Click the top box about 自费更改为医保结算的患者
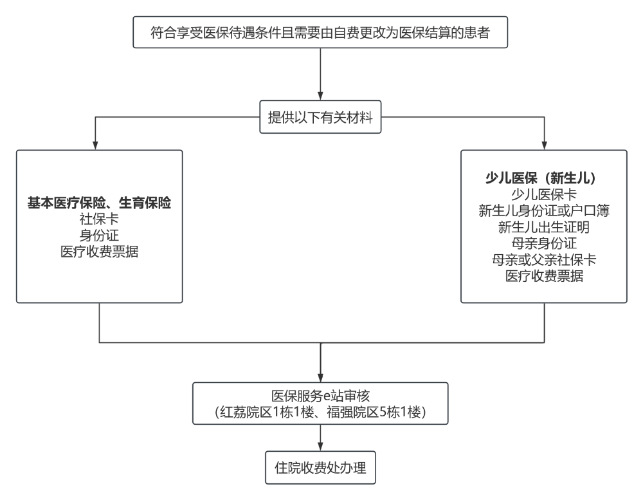coord(320,32)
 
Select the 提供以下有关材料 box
coord(320,117)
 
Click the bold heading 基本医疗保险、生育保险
coord(99,203)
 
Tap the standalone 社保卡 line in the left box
coord(99,219)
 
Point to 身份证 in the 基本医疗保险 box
coord(99,236)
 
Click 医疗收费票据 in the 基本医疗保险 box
coord(99,252)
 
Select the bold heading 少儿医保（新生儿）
coord(544,178)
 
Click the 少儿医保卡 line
coord(544,194)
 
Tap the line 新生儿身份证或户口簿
coord(544,210)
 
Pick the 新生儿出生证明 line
coord(544,227)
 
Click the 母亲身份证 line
coord(544,243)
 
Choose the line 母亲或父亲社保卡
coord(544,259)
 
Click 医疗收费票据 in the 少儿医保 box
coord(544,276)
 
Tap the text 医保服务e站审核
coord(320,396)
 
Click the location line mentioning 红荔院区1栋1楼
coord(320,412)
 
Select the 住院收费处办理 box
coord(320,468)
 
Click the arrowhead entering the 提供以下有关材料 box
coord(320,97)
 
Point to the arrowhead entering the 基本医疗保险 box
coord(95,145)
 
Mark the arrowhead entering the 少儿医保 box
coord(544,145)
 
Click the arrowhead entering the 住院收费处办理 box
coord(320,447)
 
